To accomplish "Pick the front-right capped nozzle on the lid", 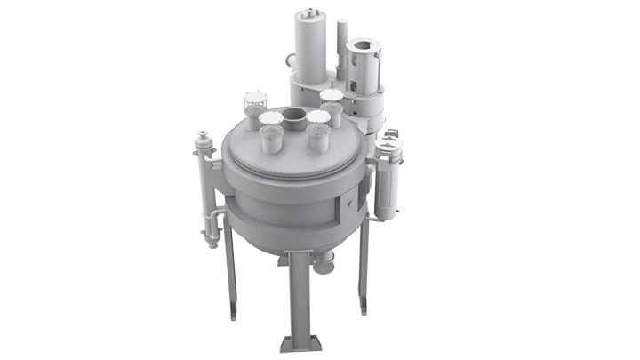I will coord(318,131).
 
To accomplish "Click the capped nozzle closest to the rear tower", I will coord(332,96).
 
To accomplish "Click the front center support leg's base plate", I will coord(296,344).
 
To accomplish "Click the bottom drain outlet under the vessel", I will coord(325,265).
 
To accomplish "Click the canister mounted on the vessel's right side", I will coord(388,182).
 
